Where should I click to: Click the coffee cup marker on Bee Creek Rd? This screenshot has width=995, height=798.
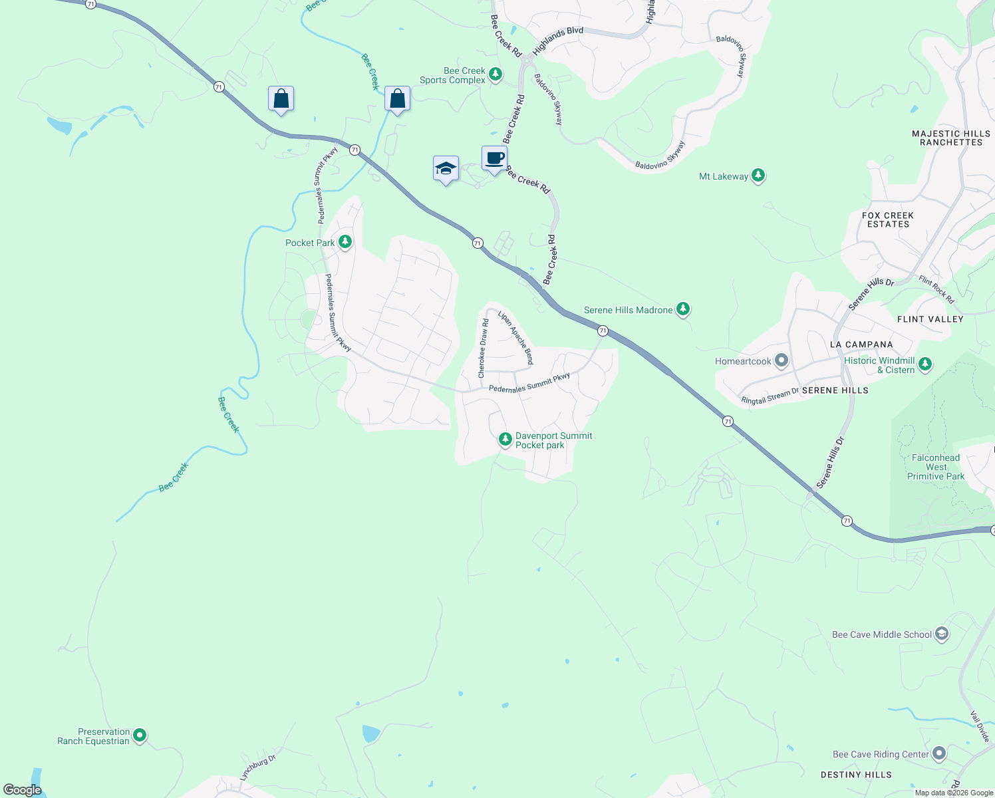click(494, 159)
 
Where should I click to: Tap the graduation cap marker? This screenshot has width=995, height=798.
click(446, 169)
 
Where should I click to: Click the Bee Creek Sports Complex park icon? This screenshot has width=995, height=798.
click(496, 74)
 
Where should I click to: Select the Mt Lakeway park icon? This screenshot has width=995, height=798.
click(758, 176)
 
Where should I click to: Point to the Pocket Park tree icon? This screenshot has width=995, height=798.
click(345, 241)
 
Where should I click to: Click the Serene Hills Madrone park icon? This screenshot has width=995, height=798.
click(683, 309)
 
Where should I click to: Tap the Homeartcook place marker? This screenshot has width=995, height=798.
click(782, 360)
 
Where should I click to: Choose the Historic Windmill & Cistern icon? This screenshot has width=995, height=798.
click(925, 364)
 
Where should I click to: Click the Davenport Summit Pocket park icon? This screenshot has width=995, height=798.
click(505, 439)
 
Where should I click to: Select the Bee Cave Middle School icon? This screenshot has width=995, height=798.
click(941, 634)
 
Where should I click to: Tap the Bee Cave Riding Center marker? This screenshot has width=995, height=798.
click(939, 753)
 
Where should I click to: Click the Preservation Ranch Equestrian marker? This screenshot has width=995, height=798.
click(140, 735)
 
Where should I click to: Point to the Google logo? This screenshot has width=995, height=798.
click(22, 790)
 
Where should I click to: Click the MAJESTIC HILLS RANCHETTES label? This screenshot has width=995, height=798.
click(950, 138)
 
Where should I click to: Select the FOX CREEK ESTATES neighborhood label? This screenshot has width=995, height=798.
click(888, 219)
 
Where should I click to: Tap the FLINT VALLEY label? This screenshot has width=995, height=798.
click(930, 319)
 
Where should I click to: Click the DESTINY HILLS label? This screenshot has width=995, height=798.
click(856, 775)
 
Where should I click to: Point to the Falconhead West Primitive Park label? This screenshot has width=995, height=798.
click(936, 467)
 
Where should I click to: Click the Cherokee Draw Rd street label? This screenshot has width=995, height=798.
click(484, 348)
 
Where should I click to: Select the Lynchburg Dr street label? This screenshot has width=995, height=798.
click(257, 767)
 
